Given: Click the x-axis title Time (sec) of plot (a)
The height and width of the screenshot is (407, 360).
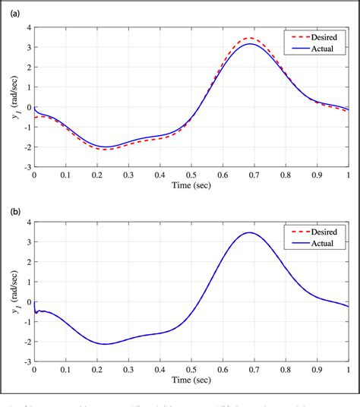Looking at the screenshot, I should click(x=191, y=185).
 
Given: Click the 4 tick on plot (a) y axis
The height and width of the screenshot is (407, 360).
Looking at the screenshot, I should click(x=28, y=27).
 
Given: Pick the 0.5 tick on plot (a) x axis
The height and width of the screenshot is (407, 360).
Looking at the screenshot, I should click(x=191, y=175).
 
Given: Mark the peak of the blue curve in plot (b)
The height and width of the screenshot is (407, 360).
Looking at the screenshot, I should click(x=249, y=233).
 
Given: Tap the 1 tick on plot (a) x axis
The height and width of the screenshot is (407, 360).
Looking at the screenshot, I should click(x=349, y=175).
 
